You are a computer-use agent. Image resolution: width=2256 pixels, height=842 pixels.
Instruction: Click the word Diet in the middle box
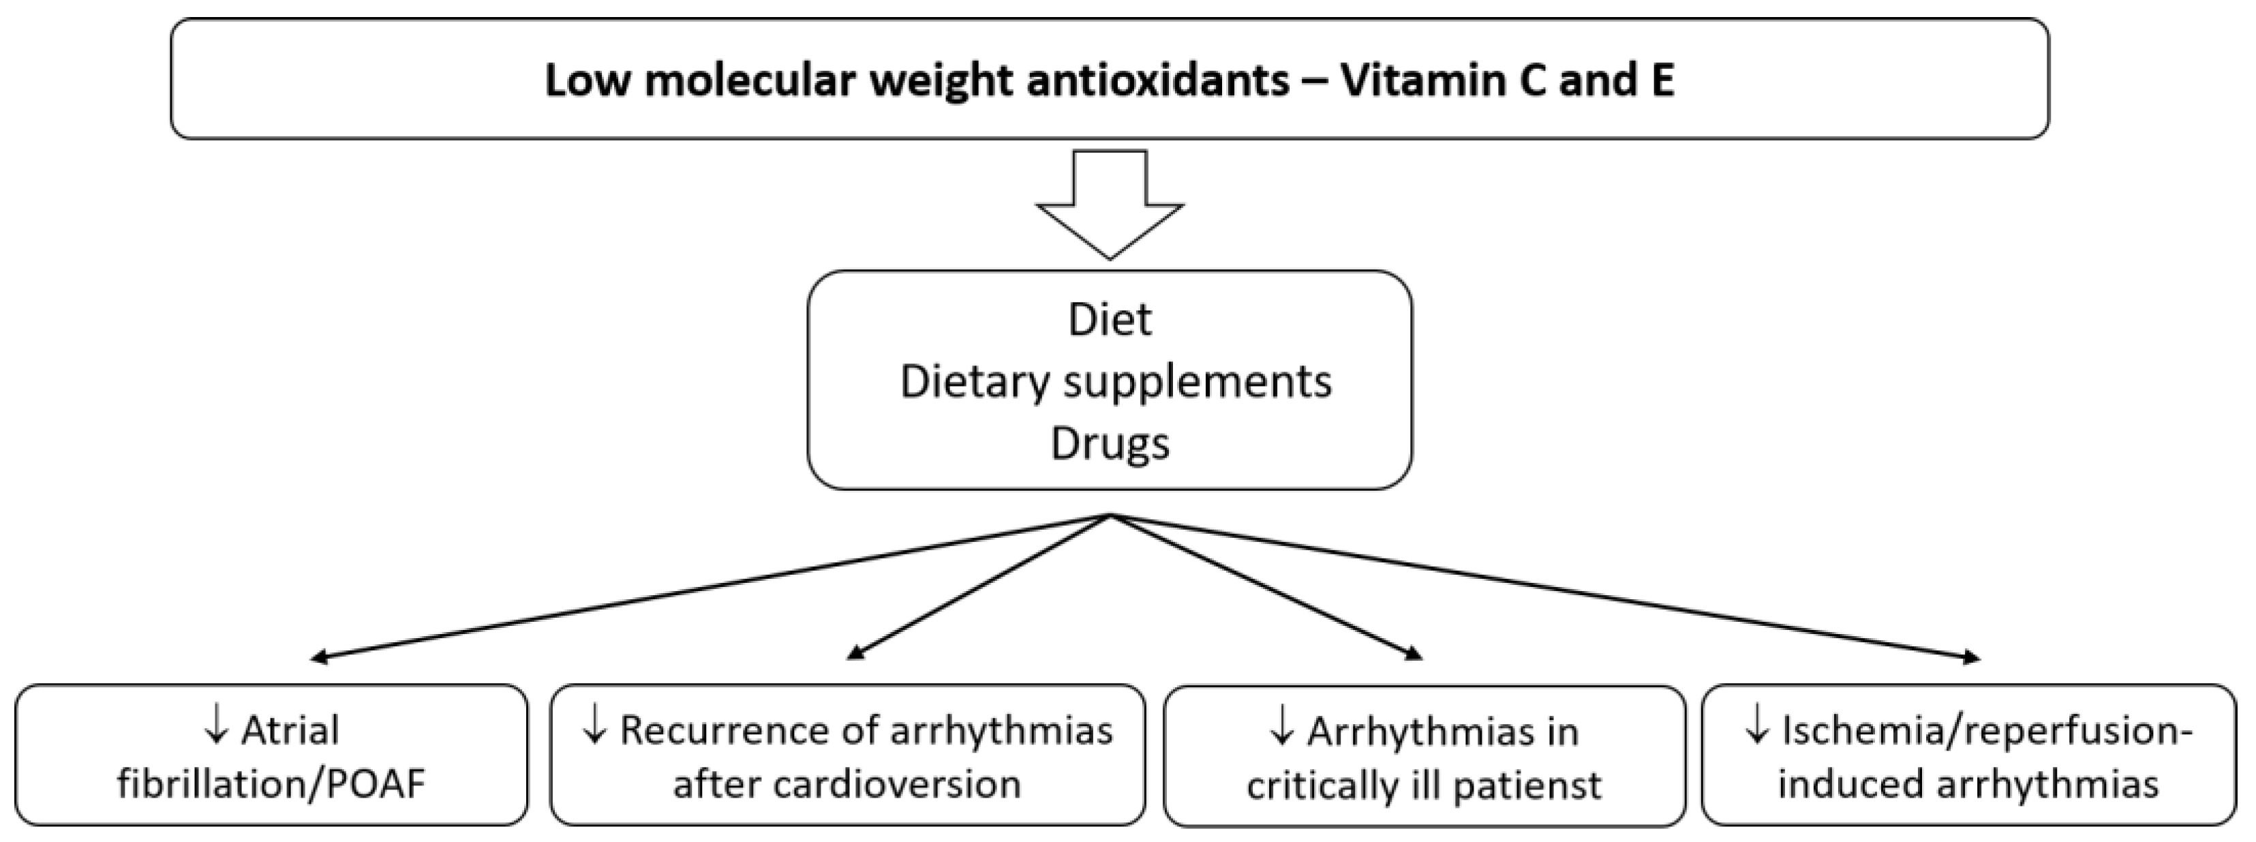1110,319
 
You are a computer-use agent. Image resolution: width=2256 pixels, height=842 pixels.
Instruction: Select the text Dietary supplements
1116,382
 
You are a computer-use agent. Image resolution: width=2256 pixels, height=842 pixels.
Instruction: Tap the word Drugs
1110,443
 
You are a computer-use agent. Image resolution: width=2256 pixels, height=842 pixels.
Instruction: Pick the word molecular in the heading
756,80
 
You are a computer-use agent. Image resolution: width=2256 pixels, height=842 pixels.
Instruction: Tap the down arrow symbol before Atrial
215,729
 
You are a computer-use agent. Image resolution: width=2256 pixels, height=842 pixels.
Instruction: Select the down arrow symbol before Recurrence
594,729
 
